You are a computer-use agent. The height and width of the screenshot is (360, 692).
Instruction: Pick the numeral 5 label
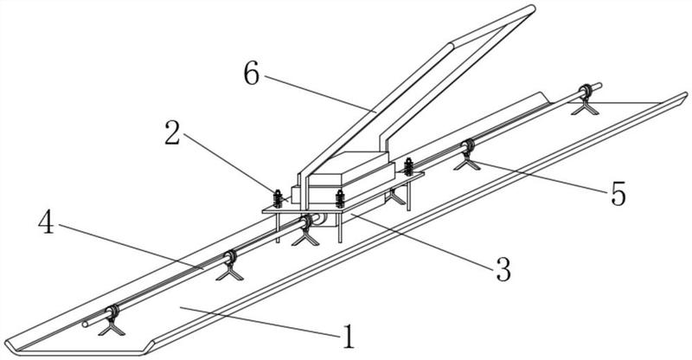click(x=618, y=192)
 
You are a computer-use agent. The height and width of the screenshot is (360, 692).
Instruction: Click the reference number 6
click(x=252, y=75)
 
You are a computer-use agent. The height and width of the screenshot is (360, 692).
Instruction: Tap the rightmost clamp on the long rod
click(x=586, y=91)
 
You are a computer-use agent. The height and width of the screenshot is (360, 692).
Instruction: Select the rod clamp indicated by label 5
click(x=468, y=148)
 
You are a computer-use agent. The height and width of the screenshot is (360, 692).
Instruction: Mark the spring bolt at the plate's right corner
click(x=408, y=164)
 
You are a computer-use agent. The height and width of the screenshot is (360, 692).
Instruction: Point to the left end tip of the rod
click(x=86, y=325)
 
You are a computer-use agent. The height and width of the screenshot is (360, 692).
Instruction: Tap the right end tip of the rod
click(x=599, y=85)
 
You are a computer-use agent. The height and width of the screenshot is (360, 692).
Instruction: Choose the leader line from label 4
click(x=130, y=247)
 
